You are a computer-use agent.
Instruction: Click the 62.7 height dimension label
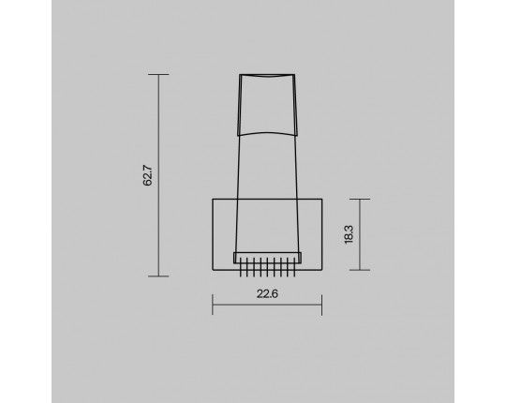pos(147,175)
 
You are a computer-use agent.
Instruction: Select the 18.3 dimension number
pos(349,234)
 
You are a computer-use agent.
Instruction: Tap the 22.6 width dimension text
pos(267,294)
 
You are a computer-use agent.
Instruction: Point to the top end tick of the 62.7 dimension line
pos(158,75)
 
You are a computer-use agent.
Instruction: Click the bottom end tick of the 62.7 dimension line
pos(158,276)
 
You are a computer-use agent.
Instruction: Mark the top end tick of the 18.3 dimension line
pos(360,200)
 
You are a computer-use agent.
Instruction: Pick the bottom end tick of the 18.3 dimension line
pos(360,270)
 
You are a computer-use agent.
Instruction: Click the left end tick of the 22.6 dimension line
pos(213,305)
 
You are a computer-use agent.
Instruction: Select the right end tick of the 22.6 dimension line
pos(321,305)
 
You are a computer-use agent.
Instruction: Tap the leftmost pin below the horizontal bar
pos(241,267)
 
